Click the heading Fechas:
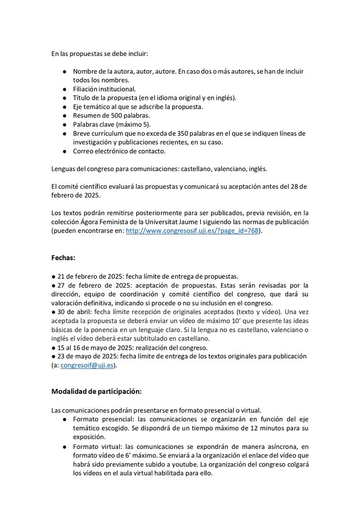pos(63,257)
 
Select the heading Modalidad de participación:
pos(96,391)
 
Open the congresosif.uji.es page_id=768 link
pos(192,231)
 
